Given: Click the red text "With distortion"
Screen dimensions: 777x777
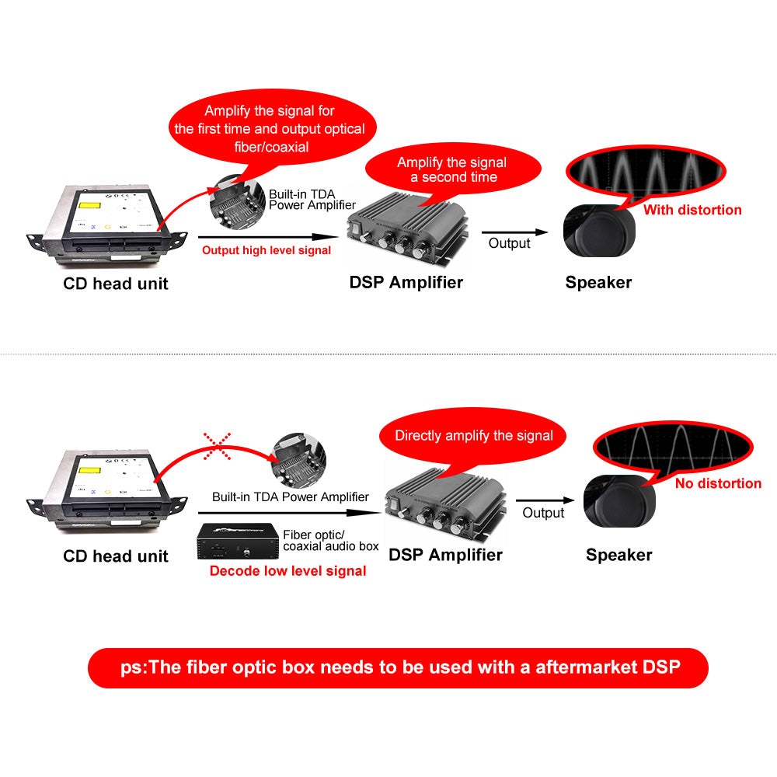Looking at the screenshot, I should [x=692, y=210].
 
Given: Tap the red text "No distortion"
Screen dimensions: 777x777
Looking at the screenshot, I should [x=718, y=483].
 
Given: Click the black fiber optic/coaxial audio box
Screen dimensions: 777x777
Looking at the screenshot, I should [x=235, y=542].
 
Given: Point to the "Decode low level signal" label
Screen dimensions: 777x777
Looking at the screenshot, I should [x=287, y=571].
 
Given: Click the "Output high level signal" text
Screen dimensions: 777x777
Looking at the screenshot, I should [x=267, y=250].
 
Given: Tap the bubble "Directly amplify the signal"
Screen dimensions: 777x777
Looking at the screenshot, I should [x=473, y=436].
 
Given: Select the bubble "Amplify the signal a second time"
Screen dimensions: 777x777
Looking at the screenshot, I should [x=451, y=169].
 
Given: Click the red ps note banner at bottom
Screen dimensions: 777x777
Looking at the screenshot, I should [x=398, y=667].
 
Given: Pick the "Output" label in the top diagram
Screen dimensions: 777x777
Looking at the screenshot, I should [x=509, y=243].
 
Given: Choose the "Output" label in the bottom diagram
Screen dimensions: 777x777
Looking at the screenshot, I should [x=543, y=513].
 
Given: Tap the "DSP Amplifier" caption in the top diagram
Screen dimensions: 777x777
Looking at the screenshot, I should [x=406, y=282].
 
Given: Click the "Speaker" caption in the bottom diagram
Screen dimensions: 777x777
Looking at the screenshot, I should [x=618, y=555].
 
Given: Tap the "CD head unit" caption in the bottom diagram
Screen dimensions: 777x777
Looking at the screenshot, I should [x=116, y=556].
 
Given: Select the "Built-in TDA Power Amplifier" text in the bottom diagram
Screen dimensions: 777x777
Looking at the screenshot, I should [x=291, y=497].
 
